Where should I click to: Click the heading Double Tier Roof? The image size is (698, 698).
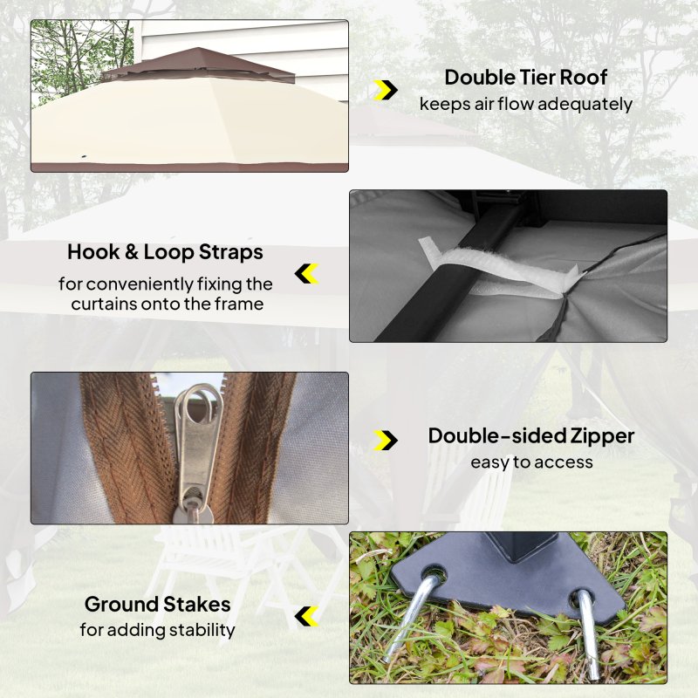(x=526, y=78)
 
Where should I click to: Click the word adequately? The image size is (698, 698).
(x=585, y=105)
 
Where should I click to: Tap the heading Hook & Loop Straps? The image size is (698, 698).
(x=165, y=252)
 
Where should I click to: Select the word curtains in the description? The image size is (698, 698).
(x=104, y=304)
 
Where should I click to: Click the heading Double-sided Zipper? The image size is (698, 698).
(x=531, y=435)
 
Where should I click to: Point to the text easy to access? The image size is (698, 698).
(x=531, y=462)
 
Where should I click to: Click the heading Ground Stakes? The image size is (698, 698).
(x=158, y=604)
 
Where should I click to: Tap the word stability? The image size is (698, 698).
(x=202, y=630)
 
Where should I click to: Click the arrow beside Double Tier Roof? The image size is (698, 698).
(x=386, y=91)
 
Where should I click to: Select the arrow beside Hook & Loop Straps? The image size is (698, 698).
(x=307, y=274)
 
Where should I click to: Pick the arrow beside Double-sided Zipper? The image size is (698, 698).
(x=386, y=441)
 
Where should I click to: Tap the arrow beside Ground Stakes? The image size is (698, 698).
(x=307, y=616)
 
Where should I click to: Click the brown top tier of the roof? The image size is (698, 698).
(x=198, y=65)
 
